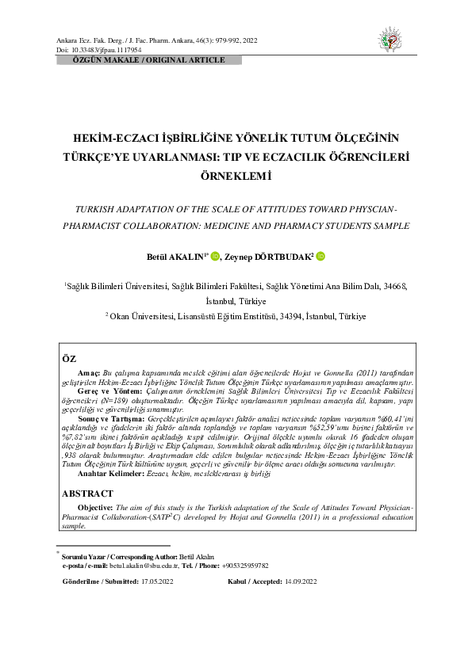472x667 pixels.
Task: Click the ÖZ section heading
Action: tap(70, 359)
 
